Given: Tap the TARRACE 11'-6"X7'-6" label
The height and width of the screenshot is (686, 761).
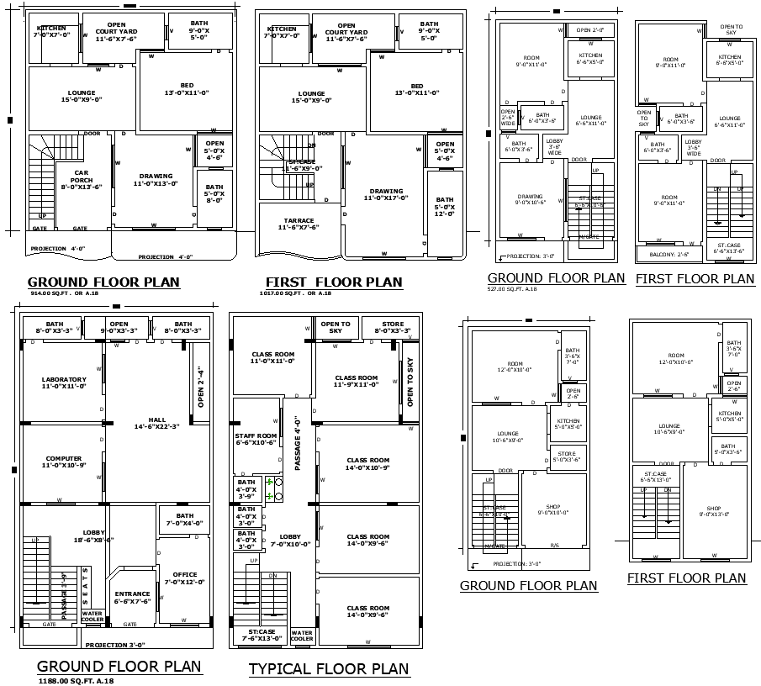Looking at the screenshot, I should [299, 223].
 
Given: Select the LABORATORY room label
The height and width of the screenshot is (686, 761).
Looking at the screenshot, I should [64, 383].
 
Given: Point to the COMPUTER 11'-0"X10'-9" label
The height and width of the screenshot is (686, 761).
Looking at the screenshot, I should [64, 462].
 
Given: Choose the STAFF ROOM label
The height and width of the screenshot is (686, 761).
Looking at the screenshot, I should [256, 438].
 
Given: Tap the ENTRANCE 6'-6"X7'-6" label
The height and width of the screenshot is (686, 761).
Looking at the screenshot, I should [132, 597].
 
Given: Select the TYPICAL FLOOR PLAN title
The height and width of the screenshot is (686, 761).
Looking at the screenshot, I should [329, 669].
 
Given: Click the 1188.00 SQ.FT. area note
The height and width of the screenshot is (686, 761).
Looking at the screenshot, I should [75, 680].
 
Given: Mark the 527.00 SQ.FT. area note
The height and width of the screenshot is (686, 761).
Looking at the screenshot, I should [512, 288].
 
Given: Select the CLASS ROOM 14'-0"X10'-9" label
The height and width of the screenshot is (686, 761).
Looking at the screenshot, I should [367, 463].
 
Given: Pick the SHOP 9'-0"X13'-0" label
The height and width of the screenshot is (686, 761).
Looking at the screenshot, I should [713, 512].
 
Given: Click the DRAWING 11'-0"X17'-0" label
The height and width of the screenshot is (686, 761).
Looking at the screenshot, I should [386, 194].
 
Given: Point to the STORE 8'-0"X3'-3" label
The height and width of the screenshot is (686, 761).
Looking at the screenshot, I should [393, 327].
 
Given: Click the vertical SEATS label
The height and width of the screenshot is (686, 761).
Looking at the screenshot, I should [84, 586].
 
